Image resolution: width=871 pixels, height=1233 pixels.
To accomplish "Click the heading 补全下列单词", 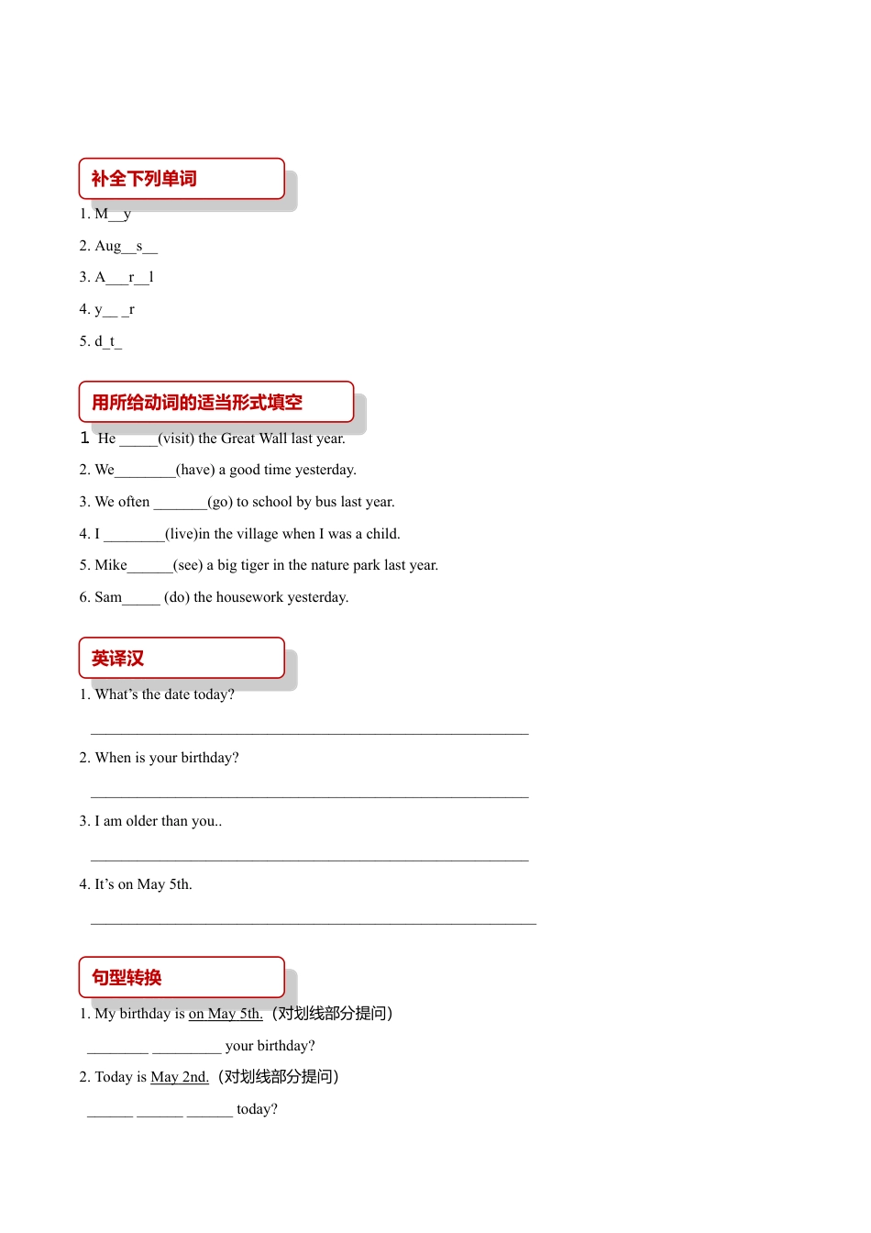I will [144, 179].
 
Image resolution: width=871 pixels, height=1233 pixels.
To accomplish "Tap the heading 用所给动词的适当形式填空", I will [197, 403].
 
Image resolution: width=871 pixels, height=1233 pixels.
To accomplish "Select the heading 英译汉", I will [118, 659].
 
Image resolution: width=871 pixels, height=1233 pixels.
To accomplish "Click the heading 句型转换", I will [127, 978].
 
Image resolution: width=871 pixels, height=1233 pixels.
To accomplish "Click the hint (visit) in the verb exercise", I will [176, 439].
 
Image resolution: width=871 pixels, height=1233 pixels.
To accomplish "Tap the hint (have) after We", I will [195, 470].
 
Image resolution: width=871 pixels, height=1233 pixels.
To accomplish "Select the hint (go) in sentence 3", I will [220, 502].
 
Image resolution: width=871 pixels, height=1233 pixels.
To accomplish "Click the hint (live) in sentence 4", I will [182, 534].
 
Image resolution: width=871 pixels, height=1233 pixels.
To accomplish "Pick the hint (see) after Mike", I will [188, 565].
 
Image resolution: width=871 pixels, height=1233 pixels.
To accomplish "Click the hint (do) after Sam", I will [177, 597].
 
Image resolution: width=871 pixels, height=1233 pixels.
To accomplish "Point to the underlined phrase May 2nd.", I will [180, 1077].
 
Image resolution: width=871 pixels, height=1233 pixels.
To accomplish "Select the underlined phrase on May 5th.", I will [226, 1014].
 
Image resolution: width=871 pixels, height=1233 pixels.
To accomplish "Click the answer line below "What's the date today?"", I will [310, 731].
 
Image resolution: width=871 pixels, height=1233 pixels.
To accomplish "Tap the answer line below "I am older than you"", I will [310, 858].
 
